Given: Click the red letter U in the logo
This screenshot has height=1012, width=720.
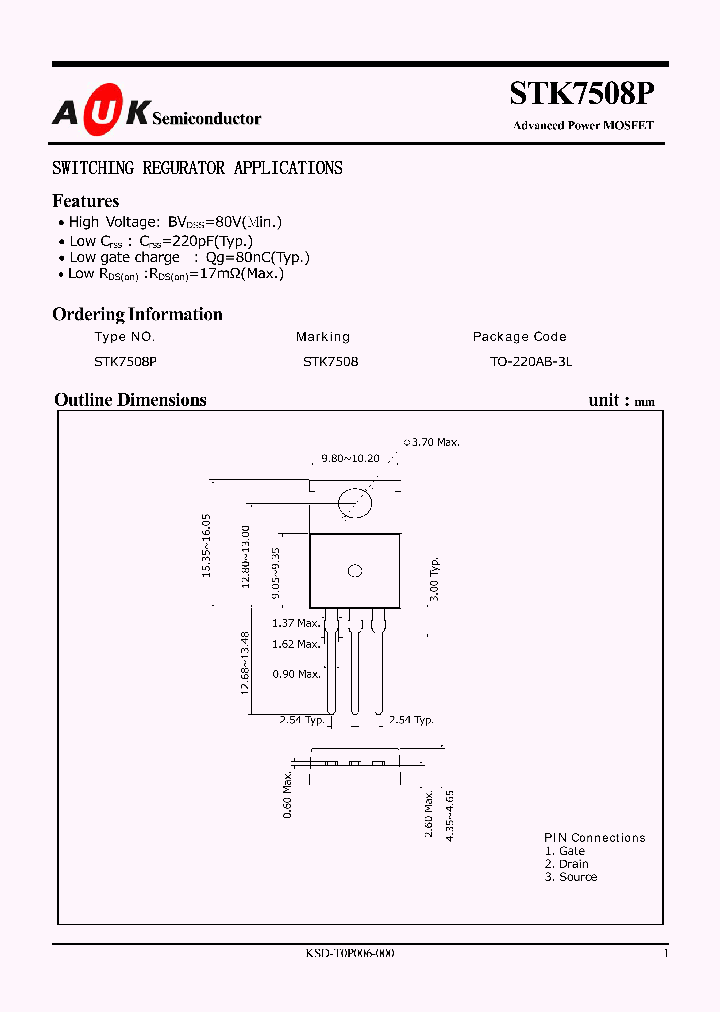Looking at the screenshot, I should (98, 116).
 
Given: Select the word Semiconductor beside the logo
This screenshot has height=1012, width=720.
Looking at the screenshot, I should (206, 118).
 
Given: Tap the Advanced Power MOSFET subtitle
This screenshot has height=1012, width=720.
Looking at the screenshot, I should (583, 126).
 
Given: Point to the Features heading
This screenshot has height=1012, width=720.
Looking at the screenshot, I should (86, 201).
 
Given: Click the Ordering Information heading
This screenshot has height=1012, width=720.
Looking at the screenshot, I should (137, 314).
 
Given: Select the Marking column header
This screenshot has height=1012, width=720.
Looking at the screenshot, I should (323, 337).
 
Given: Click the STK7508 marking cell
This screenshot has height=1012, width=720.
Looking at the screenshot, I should (330, 361).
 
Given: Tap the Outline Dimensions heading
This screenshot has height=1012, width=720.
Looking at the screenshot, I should (130, 400).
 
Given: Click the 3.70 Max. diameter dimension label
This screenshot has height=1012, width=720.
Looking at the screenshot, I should (432, 442).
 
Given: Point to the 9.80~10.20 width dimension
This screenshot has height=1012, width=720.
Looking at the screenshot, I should (350, 458).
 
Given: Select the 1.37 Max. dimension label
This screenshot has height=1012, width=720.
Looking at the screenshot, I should (296, 624).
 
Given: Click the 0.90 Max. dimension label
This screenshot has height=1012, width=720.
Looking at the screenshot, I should (296, 674).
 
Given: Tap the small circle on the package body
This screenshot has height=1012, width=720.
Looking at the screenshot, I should (355, 572).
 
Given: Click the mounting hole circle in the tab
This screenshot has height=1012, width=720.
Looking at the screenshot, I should (355, 502).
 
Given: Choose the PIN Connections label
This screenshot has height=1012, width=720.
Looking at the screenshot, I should (594, 838).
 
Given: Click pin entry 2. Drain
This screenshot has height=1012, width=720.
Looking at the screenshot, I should (567, 864).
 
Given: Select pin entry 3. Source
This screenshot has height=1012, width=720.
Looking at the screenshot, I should (571, 877).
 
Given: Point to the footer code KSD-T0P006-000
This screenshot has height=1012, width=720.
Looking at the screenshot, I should (350, 954).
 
